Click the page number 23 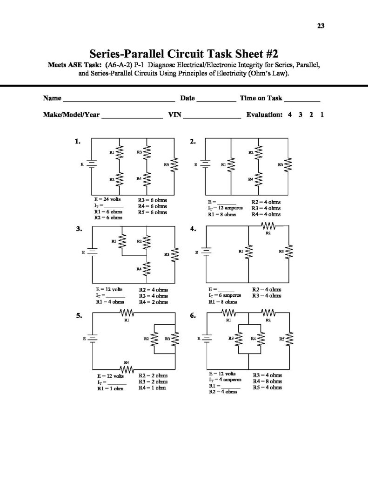(x=321, y=26)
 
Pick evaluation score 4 (x=289, y=115)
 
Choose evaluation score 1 (x=322, y=115)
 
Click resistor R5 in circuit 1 (x=174, y=165)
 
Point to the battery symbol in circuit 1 (x=92, y=165)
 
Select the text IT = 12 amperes (x=224, y=208)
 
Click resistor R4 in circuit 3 (x=147, y=269)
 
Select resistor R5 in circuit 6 (x=289, y=340)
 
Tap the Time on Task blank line (x=302, y=99)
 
